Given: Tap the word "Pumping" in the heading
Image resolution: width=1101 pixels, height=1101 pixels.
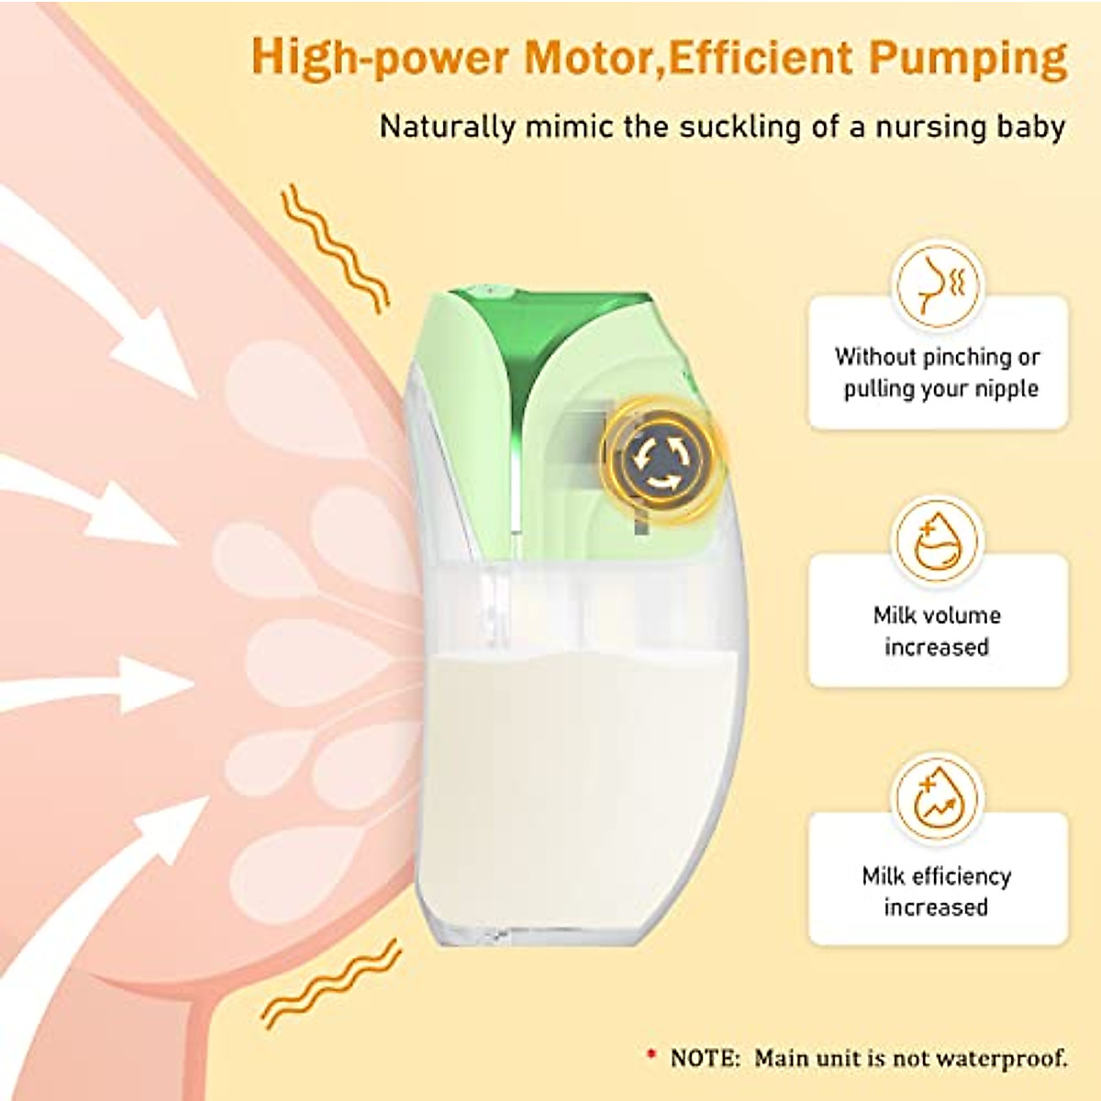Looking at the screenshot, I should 968,59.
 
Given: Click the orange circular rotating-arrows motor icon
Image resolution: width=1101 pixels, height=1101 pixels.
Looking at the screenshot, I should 662,463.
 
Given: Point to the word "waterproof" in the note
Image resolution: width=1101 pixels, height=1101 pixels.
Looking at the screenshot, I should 1012,1058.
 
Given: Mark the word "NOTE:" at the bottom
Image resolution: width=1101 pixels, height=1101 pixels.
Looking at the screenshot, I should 705,1058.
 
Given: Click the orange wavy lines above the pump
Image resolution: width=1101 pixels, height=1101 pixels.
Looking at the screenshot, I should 335,245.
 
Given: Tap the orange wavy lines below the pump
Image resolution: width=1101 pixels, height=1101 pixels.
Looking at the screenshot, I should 330,984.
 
